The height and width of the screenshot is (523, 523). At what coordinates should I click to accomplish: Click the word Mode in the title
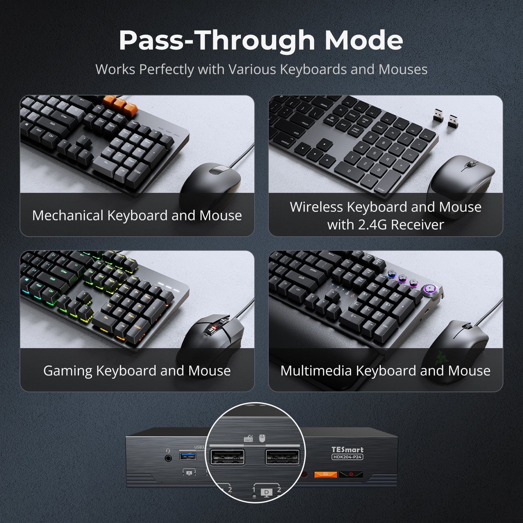363,40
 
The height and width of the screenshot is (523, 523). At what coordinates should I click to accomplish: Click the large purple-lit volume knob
429,289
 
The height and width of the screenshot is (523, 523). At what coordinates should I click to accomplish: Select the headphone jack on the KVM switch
168,458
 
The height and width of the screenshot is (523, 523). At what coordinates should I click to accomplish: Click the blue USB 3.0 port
188,455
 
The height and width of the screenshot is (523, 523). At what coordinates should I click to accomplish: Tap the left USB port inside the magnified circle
227,457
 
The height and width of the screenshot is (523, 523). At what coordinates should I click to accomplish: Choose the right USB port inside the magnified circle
282,457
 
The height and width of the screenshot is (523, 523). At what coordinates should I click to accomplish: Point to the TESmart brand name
347,450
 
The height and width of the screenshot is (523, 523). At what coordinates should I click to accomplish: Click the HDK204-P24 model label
347,457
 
